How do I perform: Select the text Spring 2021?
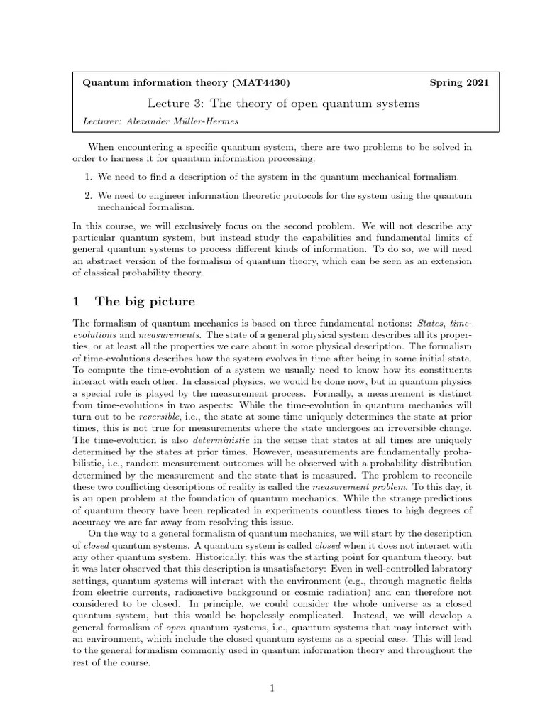click(459, 83)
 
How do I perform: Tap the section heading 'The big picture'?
click(145, 301)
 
